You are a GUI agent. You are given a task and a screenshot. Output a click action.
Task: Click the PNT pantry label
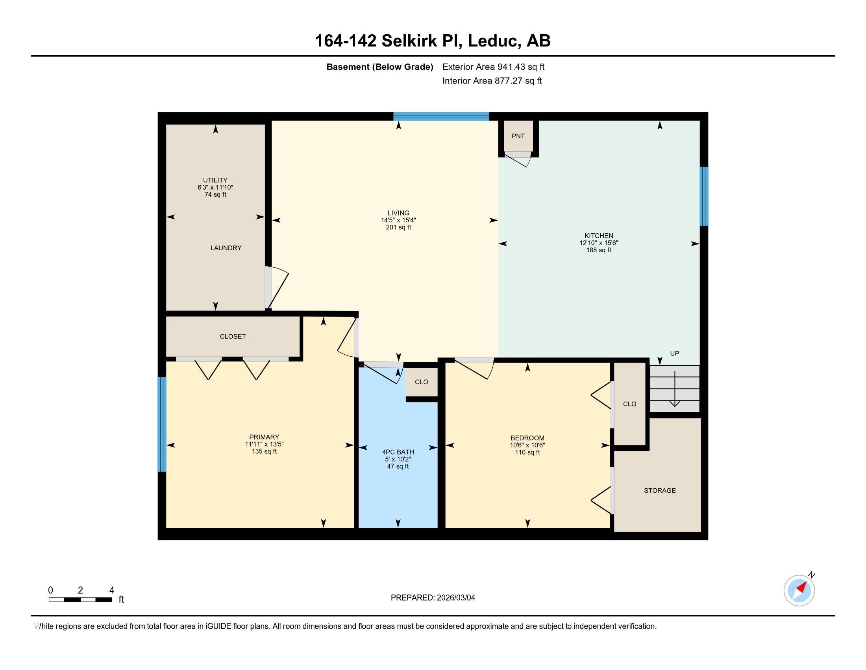518,136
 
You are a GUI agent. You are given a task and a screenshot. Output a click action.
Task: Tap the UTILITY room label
215,180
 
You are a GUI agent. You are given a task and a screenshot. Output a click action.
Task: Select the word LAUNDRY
226,248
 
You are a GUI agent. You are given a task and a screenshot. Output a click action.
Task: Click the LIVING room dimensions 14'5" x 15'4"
398,220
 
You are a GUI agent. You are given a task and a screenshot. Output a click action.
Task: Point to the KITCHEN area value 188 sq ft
598,250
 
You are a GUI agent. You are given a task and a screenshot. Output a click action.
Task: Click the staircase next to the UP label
674,389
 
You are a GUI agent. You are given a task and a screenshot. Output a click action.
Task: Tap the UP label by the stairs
674,353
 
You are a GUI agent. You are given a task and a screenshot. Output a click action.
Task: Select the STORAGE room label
659,491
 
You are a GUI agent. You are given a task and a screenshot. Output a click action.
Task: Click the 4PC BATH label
398,452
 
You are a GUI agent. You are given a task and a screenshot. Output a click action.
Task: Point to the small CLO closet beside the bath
421,382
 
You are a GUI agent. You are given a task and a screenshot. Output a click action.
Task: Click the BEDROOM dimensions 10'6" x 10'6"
527,445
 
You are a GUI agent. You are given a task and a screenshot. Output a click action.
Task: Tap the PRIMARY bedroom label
264,437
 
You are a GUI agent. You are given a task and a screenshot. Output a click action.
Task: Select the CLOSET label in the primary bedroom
233,337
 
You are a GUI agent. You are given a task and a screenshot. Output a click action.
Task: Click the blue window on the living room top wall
441,116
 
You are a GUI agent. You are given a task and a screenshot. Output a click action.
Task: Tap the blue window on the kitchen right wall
703,196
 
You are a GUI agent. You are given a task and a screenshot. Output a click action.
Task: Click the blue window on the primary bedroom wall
162,424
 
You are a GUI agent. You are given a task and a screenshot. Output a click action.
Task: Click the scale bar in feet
80,599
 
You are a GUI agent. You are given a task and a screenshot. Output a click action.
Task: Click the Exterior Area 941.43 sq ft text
493,67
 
